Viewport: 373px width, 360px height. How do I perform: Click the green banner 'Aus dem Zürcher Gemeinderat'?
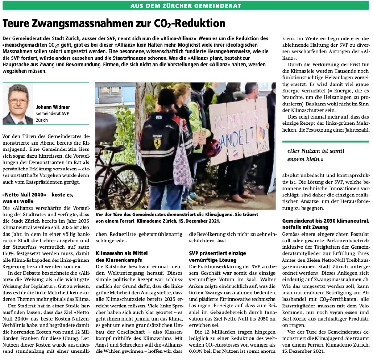(x=186, y=6)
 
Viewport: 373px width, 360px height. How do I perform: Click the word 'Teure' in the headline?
(x=16, y=23)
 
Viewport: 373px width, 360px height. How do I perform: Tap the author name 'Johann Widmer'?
(x=53, y=107)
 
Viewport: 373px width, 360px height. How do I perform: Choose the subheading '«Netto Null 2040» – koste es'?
(x=38, y=195)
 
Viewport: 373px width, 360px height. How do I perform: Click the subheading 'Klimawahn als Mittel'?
(x=121, y=253)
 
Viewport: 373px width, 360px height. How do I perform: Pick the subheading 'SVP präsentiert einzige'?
(x=217, y=253)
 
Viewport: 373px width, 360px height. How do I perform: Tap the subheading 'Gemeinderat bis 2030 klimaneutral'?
(x=325, y=221)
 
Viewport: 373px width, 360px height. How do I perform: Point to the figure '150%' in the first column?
(x=9, y=254)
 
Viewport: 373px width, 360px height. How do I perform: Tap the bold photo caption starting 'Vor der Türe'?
(x=177, y=217)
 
